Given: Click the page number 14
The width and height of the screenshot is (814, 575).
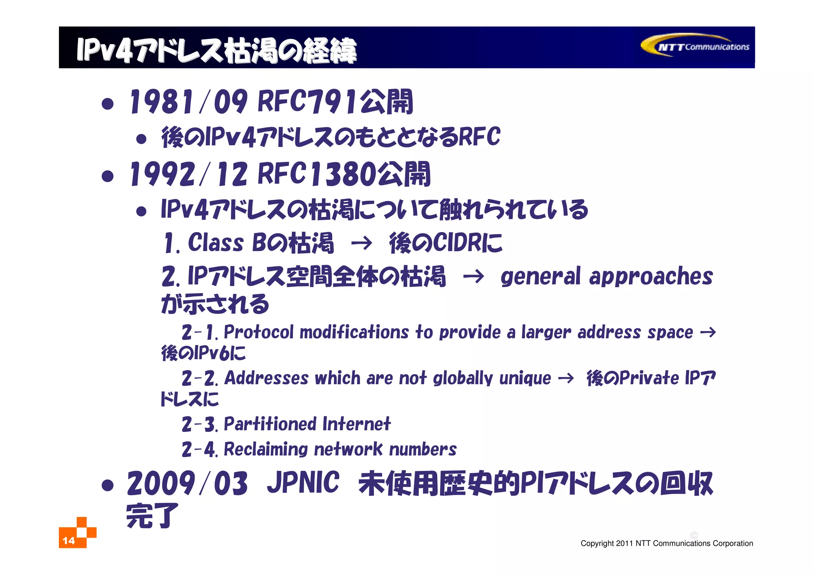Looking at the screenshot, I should pyautogui.click(x=69, y=540).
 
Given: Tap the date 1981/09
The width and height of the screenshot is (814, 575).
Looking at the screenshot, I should pyautogui.click(x=188, y=102).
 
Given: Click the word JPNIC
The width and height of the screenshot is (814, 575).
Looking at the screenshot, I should pyautogui.click(x=303, y=483).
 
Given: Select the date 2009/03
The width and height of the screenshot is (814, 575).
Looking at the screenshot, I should pyautogui.click(x=187, y=484).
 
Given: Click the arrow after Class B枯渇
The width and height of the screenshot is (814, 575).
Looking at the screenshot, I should pyautogui.click(x=361, y=243).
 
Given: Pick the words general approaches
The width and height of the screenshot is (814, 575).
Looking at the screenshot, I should pyautogui.click(x=607, y=277).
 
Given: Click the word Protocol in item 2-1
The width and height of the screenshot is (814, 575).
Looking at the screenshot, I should pyautogui.click(x=259, y=332).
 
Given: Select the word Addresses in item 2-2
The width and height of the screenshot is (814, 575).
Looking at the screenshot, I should pyautogui.click(x=266, y=378).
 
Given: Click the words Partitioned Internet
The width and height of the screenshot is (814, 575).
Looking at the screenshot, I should pyautogui.click(x=307, y=424).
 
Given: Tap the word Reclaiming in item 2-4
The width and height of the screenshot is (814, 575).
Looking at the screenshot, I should pyautogui.click(x=266, y=449).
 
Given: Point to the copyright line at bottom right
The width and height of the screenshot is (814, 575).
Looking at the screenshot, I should pyautogui.click(x=667, y=543).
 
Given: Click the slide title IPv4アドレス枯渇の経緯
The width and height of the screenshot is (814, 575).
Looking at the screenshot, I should pyautogui.click(x=217, y=50).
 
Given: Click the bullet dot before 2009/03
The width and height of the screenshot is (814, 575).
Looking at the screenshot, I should pyautogui.click(x=108, y=485).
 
